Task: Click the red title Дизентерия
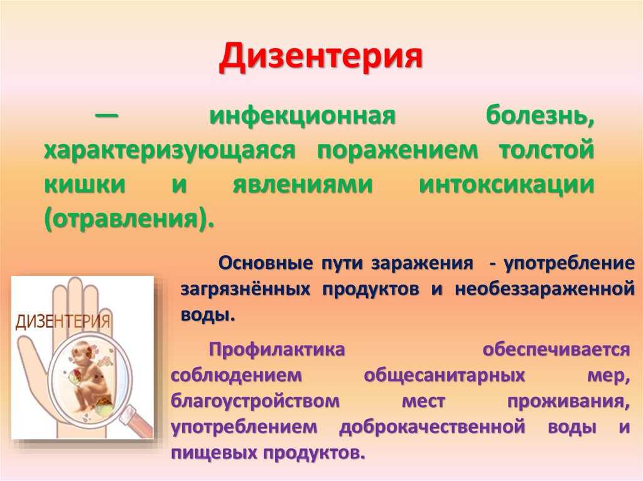(x=321, y=56)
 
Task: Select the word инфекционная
(x=302, y=116)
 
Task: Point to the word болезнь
(x=539, y=116)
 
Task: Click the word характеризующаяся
(x=170, y=151)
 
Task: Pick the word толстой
(x=547, y=150)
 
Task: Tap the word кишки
(x=85, y=184)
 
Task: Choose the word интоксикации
(x=507, y=185)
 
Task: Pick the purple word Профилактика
(x=277, y=350)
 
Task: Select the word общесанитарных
(x=445, y=376)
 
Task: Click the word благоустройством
(x=255, y=401)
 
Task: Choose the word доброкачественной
(x=432, y=427)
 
